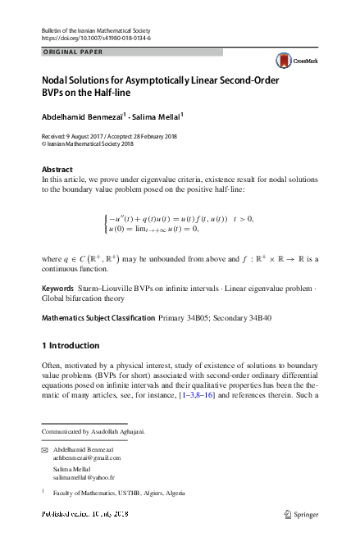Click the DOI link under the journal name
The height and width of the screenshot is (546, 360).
[95, 39]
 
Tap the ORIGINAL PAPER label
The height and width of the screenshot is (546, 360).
[71, 52]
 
